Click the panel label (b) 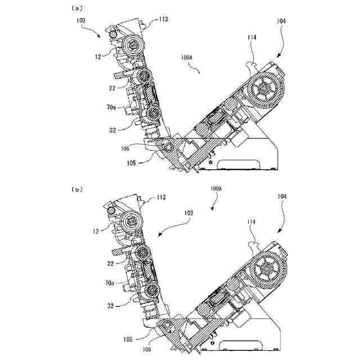point(77,189)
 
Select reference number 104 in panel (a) point(281,21)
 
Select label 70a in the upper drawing point(113,107)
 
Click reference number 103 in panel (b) point(188,213)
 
